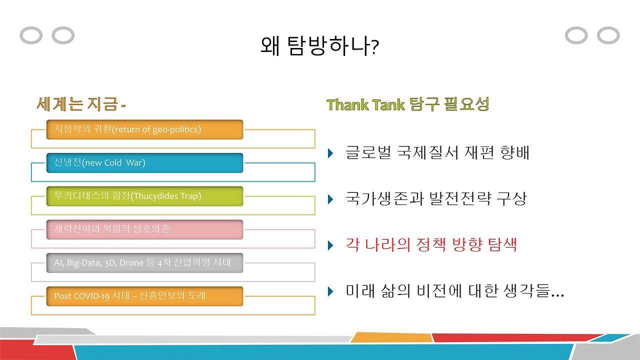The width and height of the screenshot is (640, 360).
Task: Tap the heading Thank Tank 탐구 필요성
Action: click(407, 104)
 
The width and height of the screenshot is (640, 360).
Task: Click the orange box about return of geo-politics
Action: click(144, 129)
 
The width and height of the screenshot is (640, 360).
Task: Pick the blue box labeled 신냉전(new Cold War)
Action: click(144, 163)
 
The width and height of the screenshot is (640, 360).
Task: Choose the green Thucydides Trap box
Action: click(144, 196)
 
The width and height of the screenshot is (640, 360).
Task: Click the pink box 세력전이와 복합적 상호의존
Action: click(144, 229)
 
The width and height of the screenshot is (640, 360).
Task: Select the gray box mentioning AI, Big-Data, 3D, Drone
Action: click(144, 262)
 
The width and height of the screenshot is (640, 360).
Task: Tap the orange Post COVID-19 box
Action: click(144, 296)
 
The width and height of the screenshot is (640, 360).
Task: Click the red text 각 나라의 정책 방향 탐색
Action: click(431, 245)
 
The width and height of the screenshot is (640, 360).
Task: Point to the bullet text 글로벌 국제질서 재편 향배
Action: click(437, 152)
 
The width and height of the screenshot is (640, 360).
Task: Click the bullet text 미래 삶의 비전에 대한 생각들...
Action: click(454, 291)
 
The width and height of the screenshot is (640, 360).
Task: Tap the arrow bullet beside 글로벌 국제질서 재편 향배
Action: click(330, 153)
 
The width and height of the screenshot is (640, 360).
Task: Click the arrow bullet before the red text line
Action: click(330, 245)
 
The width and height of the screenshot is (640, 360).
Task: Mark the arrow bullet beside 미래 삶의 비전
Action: click(330, 291)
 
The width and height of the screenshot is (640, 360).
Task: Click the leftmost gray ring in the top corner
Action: click(30, 35)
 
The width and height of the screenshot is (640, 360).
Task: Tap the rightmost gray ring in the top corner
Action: click(608, 35)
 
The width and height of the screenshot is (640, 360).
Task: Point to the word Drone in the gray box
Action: click(132, 262)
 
